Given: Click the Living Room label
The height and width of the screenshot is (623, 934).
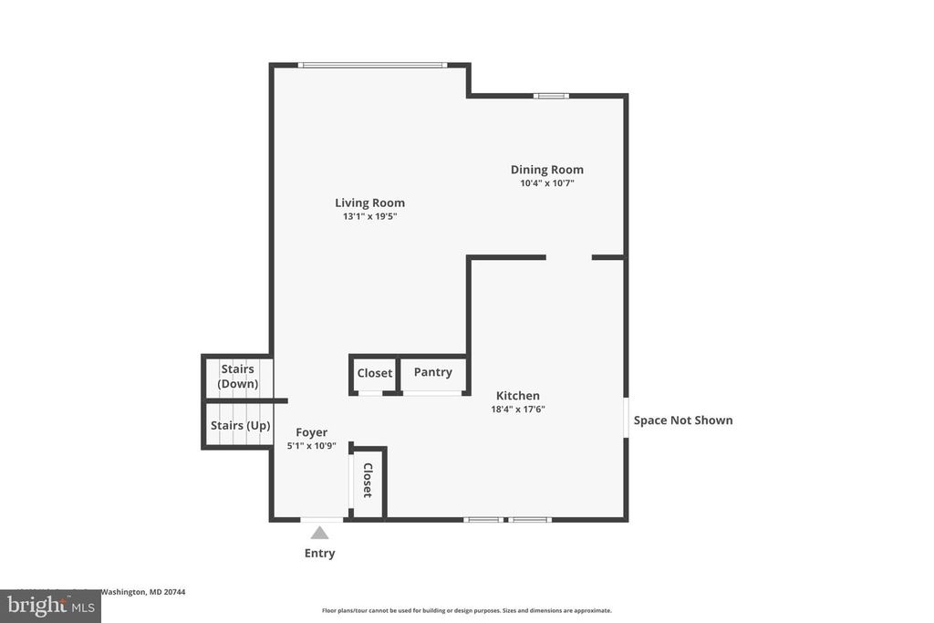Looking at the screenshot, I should pos(369,203).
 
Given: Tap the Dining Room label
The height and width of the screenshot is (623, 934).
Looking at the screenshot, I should pos(546,170).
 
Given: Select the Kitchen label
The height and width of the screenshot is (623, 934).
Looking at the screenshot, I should pos(517,396).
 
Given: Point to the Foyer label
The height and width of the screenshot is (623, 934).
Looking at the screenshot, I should pos(311,432).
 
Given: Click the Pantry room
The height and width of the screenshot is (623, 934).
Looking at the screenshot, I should pos(433,373).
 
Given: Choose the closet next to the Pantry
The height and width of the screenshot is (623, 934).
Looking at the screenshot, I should pos(374,373).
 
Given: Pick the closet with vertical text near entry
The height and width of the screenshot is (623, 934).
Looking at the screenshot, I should pos(368,481).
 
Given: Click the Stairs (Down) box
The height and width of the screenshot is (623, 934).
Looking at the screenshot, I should pos(237,377).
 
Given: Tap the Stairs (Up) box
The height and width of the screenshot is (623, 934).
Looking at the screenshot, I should pos(239,425).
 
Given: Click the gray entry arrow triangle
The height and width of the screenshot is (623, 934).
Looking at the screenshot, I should pos(319,533).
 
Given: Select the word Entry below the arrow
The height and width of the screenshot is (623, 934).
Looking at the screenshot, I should pos(319,554).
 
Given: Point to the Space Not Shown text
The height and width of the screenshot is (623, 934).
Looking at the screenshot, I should pos(683,421).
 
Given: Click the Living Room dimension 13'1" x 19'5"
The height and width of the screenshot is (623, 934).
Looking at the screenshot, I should pos(369,217).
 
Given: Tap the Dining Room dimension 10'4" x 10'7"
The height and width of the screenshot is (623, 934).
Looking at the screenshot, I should pos(546,183).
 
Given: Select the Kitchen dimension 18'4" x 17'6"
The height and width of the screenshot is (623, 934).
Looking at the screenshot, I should pos(517,410).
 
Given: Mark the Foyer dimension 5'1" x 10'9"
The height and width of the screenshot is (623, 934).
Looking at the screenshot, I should pos(311,446).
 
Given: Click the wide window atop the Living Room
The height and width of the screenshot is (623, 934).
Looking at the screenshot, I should pos(372,65).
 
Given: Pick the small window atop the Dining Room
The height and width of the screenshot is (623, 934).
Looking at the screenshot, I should pos(551,95).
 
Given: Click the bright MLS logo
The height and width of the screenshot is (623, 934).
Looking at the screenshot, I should pos(50,606).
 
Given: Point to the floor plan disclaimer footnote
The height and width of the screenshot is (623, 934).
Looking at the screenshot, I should pos(466,610).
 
